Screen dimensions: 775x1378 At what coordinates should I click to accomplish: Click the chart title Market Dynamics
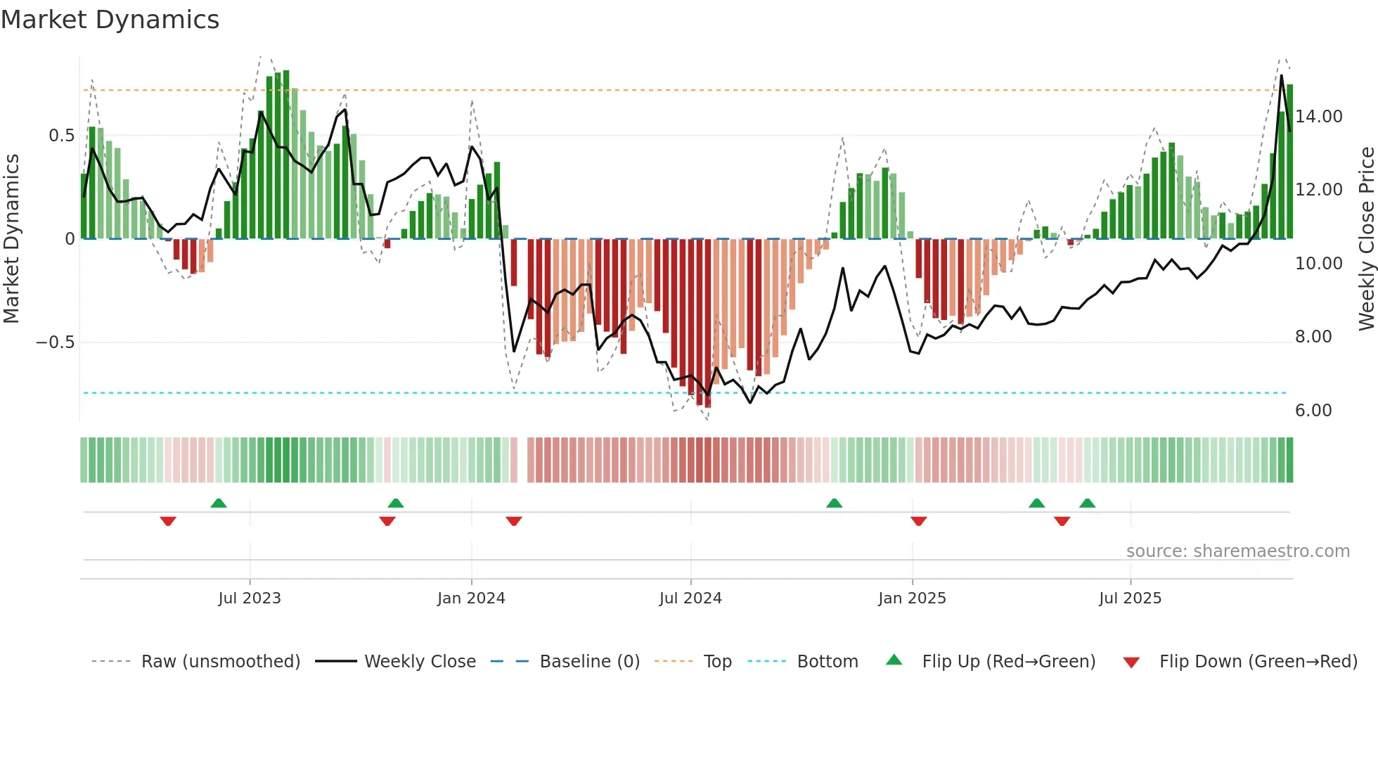(x=110, y=20)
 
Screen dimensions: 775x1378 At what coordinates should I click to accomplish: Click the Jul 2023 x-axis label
(x=249, y=598)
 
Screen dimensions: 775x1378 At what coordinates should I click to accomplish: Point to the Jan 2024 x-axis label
(x=471, y=598)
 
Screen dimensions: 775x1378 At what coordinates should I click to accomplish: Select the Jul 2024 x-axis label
(x=690, y=598)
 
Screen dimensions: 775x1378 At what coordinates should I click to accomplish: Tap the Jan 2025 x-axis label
(x=912, y=598)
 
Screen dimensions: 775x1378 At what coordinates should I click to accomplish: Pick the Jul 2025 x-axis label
(x=1130, y=598)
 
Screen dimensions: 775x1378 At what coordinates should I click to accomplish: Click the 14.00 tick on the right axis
(x=1318, y=117)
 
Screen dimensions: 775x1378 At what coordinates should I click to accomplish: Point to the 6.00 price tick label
(x=1313, y=411)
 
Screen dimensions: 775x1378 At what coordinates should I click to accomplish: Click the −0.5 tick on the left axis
(x=55, y=342)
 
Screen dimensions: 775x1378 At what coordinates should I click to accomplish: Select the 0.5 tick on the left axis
(x=61, y=136)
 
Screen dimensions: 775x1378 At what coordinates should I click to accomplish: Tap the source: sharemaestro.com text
(x=1237, y=551)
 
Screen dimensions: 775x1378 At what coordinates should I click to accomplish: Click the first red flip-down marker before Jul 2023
(x=168, y=521)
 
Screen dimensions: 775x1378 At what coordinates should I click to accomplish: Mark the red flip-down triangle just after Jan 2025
(x=918, y=521)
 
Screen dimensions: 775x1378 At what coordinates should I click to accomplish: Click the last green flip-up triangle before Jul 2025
(x=1087, y=503)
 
